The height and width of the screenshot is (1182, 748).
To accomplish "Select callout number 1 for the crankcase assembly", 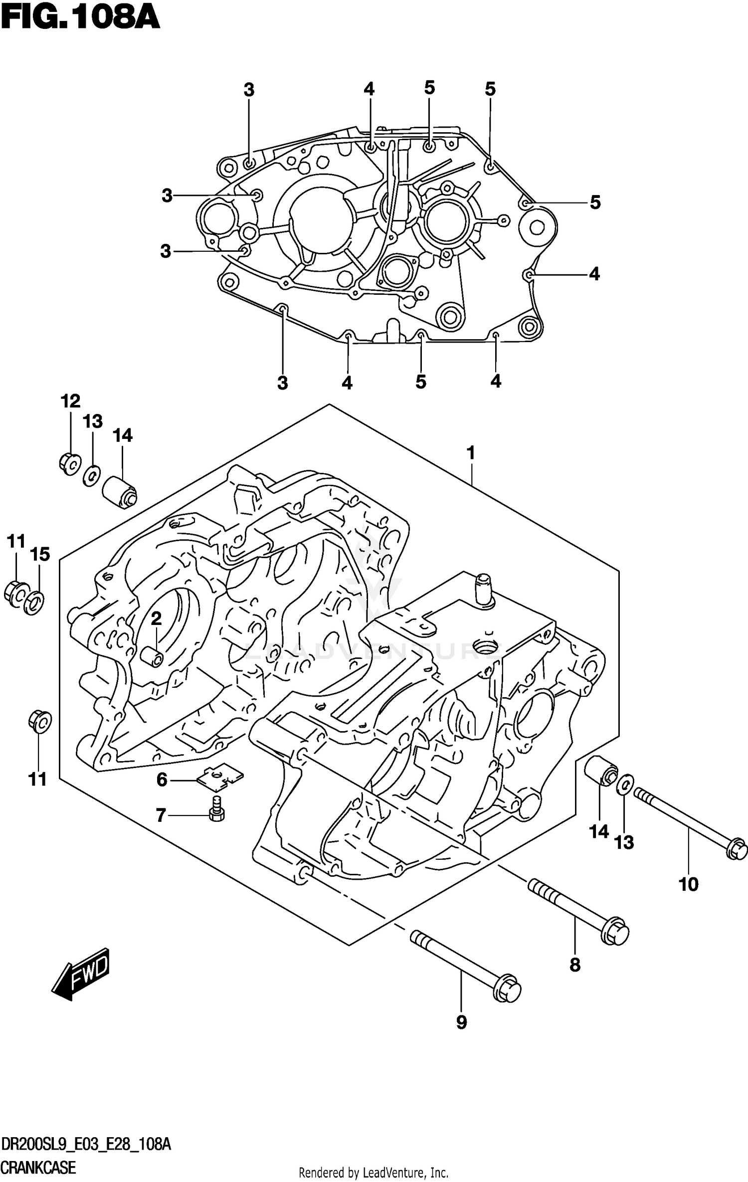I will (470, 453).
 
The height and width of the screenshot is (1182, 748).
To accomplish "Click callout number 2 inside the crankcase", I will (156, 619).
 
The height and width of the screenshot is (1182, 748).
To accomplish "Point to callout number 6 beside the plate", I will (162, 779).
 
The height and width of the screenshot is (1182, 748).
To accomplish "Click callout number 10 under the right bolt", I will (688, 884).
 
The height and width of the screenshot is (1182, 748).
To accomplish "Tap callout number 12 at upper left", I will (70, 401).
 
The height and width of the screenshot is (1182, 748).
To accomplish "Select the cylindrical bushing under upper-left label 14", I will (119, 491).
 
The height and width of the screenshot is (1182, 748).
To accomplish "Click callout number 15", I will (40, 554).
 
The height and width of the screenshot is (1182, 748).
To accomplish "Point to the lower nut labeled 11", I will (39, 721).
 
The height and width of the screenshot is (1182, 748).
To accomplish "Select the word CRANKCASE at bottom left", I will (38, 1167).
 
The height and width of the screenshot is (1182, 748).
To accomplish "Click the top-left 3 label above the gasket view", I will (249, 90).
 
